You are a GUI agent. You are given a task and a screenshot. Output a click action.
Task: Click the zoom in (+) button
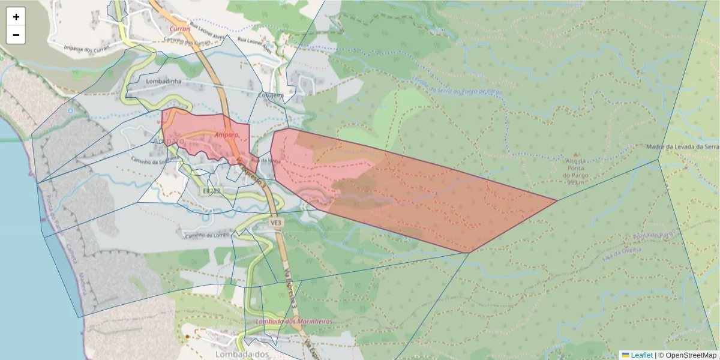[x=16, y=17]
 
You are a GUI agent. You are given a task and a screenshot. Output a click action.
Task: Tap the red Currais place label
[x=180, y=28]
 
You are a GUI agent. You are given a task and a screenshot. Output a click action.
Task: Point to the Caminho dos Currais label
[x=188, y=41]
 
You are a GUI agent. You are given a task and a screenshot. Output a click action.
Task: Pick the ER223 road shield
[x=212, y=191]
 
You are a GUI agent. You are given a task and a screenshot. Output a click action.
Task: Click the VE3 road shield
[x=275, y=222]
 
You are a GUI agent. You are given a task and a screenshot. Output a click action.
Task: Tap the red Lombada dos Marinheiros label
[x=293, y=322]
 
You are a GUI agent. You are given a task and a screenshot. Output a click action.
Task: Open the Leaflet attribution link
[x=641, y=355]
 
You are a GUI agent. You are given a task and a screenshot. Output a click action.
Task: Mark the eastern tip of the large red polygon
[x=557, y=200]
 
